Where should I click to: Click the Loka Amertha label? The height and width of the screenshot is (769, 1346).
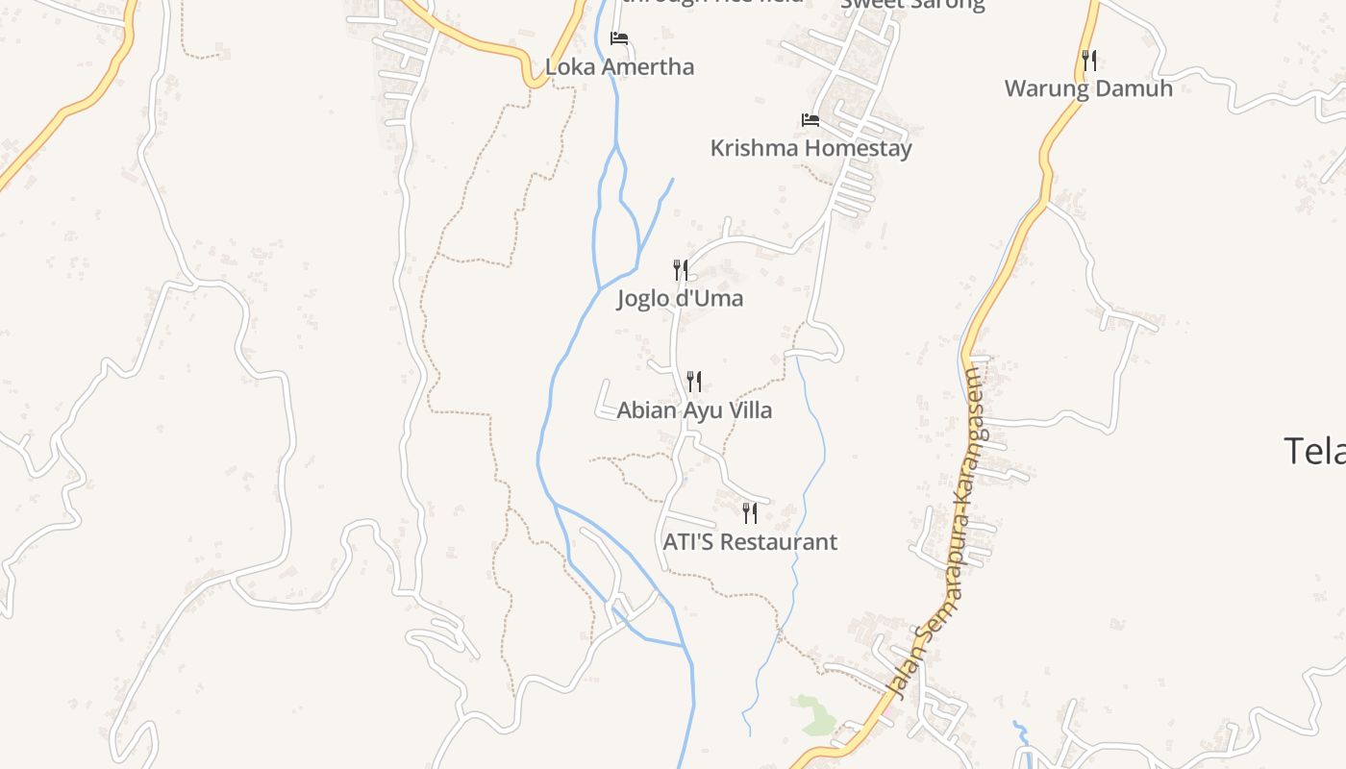(619, 67)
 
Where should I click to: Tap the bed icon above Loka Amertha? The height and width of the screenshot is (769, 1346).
(619, 38)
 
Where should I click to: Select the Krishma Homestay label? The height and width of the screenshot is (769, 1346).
(810, 148)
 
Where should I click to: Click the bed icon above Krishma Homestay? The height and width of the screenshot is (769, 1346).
(810, 120)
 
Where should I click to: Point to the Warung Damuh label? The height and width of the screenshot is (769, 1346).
(1088, 88)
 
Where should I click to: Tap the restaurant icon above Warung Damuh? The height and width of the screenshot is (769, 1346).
(1088, 61)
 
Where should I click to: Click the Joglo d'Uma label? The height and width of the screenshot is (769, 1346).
(680, 298)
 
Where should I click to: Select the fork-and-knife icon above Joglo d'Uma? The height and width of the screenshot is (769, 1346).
(680, 270)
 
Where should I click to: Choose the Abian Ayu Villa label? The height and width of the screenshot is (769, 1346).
(693, 410)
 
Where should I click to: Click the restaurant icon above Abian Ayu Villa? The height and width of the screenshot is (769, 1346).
(693, 382)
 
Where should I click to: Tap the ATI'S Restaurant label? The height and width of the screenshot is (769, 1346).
(750, 542)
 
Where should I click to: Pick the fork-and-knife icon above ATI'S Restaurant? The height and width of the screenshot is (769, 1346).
(750, 513)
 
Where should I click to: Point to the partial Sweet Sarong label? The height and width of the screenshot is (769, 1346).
(912, 4)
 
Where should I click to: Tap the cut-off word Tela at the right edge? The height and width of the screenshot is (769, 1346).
(1314, 450)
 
